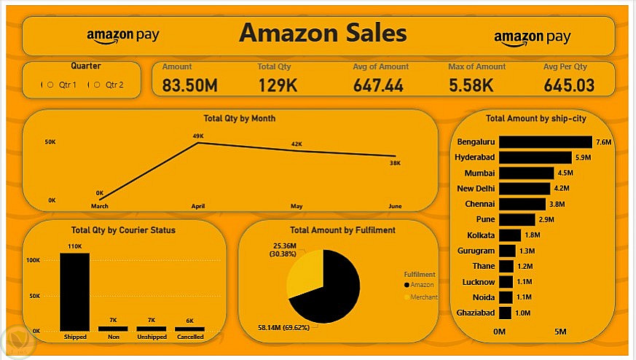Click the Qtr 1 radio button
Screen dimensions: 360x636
[50, 85]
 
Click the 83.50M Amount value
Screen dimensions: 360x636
[189, 86]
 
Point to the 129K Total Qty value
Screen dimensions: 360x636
[278, 86]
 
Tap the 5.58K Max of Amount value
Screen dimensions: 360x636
[471, 86]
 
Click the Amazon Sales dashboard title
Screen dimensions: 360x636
[323, 34]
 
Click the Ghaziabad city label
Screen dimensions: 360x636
[474, 313]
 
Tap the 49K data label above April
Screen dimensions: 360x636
[198, 136]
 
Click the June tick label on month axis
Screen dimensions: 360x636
[395, 206]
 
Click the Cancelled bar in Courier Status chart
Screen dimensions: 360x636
[189, 329]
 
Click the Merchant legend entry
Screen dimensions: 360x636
[424, 297]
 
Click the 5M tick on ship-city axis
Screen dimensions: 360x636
[560, 332]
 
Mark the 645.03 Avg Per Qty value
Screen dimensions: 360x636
[569, 86]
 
